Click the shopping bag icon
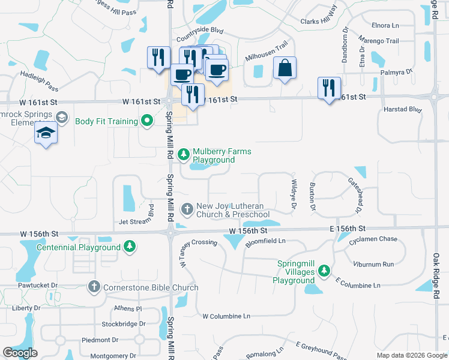click(285, 68)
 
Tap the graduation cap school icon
click(46, 133)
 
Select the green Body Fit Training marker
click(147, 121)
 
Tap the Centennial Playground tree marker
click(129, 247)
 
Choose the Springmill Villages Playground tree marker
click(324, 272)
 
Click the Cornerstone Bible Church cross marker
click(93, 287)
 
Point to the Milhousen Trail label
click(267, 51)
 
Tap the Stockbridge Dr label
click(124, 323)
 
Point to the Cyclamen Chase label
click(373, 239)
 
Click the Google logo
click(20, 353)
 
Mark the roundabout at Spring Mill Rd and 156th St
click(170, 233)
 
